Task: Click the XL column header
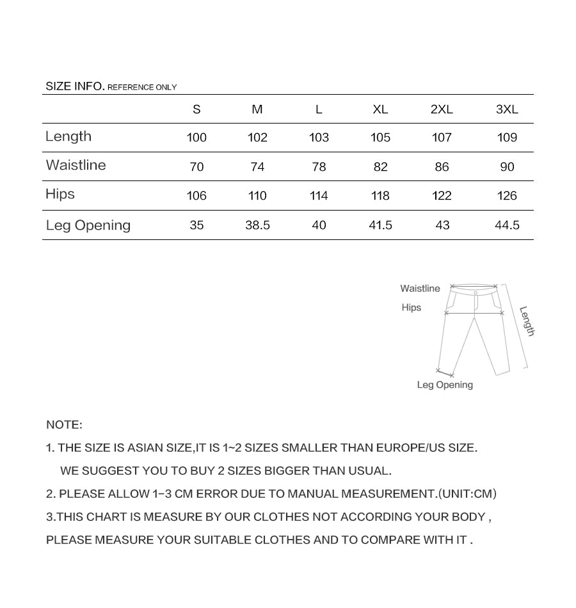tap(380, 109)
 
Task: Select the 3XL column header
tap(507, 109)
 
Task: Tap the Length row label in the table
tap(68, 136)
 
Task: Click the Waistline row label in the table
tap(76, 165)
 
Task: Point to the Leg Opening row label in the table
tap(88, 225)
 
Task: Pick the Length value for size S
tap(196, 138)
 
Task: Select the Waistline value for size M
tap(257, 167)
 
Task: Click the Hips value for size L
tap(319, 196)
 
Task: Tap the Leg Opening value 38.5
tap(257, 225)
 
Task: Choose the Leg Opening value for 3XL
tap(507, 225)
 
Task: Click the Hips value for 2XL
tap(442, 196)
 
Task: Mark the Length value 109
tap(507, 138)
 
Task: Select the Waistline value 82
tap(380, 167)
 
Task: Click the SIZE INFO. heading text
tap(75, 86)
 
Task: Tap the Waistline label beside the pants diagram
tap(420, 289)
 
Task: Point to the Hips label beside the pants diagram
tap(412, 308)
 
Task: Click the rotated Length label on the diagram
tap(527, 321)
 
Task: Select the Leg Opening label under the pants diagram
tap(445, 385)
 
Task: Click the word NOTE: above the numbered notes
tap(64, 425)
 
